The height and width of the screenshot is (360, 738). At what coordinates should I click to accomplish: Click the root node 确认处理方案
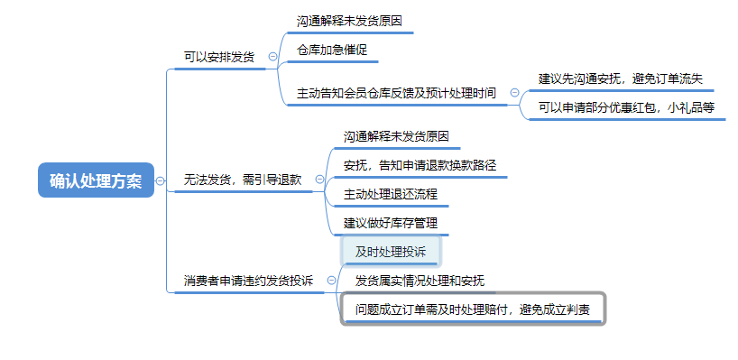tap(96, 180)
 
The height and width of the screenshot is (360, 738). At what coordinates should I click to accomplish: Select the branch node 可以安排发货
tap(218, 57)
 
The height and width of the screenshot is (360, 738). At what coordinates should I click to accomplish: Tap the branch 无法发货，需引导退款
tap(242, 180)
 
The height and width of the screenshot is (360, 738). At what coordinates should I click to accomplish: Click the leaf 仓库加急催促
tap(332, 50)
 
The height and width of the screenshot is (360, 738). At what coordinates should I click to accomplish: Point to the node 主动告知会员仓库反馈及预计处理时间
tap(396, 93)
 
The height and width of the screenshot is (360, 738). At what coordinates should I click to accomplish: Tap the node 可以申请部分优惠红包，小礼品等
tap(626, 107)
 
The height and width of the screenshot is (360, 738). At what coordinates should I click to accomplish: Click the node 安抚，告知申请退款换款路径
tap(420, 165)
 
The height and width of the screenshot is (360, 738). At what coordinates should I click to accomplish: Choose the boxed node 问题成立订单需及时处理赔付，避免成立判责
tap(473, 309)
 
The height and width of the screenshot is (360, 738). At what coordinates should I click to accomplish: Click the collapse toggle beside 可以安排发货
tap(272, 57)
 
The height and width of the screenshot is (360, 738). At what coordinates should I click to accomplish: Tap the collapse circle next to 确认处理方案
tap(161, 180)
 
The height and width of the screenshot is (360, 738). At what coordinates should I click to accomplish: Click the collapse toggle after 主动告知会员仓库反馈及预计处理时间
tap(515, 93)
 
